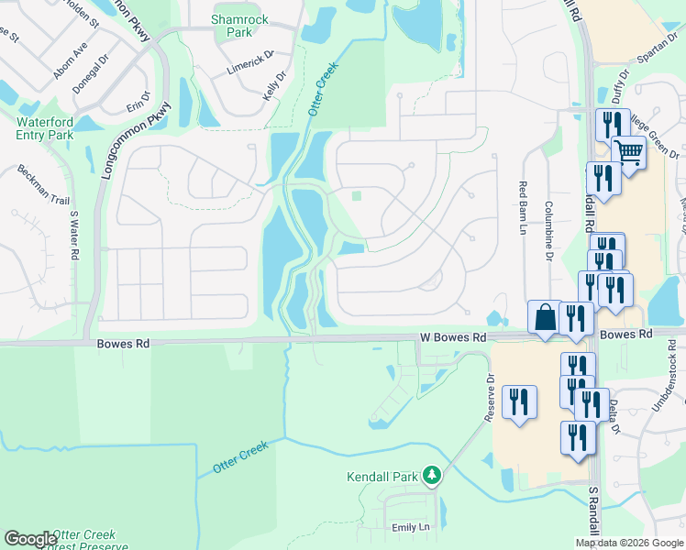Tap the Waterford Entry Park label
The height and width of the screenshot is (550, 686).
click(x=44, y=128)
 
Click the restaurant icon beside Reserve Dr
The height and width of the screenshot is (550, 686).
click(x=520, y=401)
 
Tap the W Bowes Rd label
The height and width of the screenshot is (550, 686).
click(x=453, y=338)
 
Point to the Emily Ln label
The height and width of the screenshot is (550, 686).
click(x=411, y=527)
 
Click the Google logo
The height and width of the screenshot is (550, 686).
click(x=30, y=539)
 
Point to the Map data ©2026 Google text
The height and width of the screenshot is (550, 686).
click(x=629, y=543)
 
